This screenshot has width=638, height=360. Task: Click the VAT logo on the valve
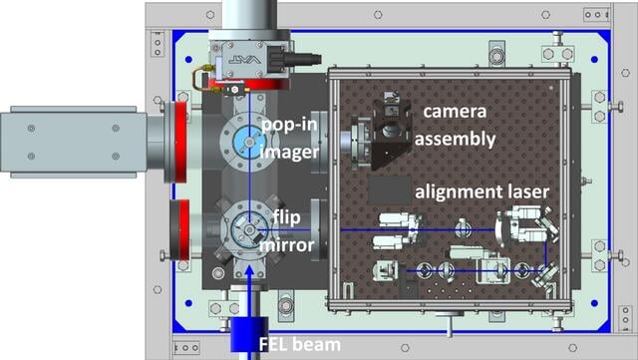point(244,60)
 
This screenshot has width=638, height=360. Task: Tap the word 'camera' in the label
point(455,111)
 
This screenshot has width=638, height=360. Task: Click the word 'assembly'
point(455,140)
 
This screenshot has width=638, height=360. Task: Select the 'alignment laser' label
point(481,191)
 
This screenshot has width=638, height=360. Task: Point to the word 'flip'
point(286,217)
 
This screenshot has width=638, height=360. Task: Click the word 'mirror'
point(287,245)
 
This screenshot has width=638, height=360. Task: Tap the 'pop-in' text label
point(289,125)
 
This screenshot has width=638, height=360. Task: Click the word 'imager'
point(289,153)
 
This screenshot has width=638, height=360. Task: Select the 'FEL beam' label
point(300,344)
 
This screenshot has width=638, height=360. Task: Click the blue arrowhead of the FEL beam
point(249,271)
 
